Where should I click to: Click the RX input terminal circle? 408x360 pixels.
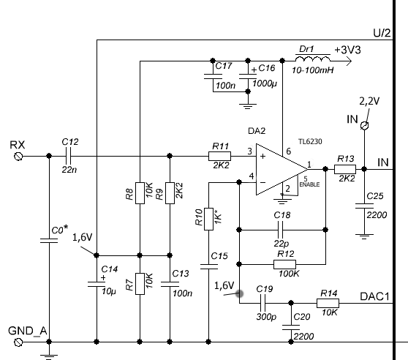[x=18, y=156]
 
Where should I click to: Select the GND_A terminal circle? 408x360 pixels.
[x=18, y=342]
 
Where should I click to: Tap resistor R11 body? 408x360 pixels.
[x=219, y=156]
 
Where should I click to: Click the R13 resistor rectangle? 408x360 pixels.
[x=345, y=169]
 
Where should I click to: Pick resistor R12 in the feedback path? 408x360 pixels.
[x=284, y=264]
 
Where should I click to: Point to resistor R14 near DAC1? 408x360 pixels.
[x=328, y=303]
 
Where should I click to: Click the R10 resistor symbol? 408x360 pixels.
[x=208, y=219]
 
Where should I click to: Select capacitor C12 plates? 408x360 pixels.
[x=69, y=156]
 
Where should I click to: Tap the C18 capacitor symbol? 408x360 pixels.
[x=280, y=230]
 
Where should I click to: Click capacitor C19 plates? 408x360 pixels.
[x=263, y=303]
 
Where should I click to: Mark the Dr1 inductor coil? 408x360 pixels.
[x=312, y=59]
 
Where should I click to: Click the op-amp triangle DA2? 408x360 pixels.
[x=282, y=169]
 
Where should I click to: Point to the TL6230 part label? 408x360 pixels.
[x=310, y=142]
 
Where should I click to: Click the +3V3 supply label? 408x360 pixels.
[x=347, y=50]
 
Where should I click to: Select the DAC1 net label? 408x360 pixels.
[x=374, y=296]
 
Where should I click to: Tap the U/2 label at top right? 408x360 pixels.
[x=382, y=33]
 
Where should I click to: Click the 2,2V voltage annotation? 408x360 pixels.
[x=369, y=101]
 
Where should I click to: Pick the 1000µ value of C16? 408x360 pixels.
[x=265, y=84]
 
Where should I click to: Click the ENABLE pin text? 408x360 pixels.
[x=309, y=184]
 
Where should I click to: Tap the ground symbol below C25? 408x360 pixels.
[x=364, y=236]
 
